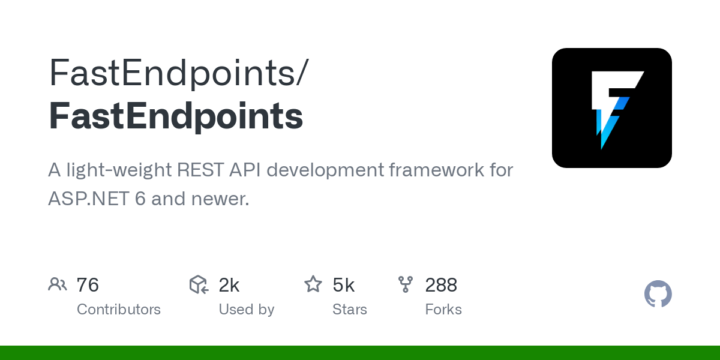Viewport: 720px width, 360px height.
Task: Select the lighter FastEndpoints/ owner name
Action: tap(178, 73)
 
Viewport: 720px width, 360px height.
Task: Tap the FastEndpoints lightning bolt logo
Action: tap(612, 108)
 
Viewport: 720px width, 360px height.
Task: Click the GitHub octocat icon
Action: tap(658, 294)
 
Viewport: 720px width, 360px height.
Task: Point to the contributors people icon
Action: tap(58, 284)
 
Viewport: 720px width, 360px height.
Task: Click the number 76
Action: tap(88, 285)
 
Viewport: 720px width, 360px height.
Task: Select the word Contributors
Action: tap(119, 310)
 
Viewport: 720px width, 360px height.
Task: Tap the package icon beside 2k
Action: tap(199, 284)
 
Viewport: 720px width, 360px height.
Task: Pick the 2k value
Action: tap(229, 285)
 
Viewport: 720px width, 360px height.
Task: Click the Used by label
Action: tap(247, 310)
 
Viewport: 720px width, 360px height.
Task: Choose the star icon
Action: tap(313, 284)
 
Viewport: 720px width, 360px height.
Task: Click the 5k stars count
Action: tap(344, 285)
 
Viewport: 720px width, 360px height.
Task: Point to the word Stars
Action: tap(350, 310)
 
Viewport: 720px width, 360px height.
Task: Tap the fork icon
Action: tap(406, 284)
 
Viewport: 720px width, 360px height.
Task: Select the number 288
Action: tap(442, 285)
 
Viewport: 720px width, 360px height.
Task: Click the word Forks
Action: tap(443, 310)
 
